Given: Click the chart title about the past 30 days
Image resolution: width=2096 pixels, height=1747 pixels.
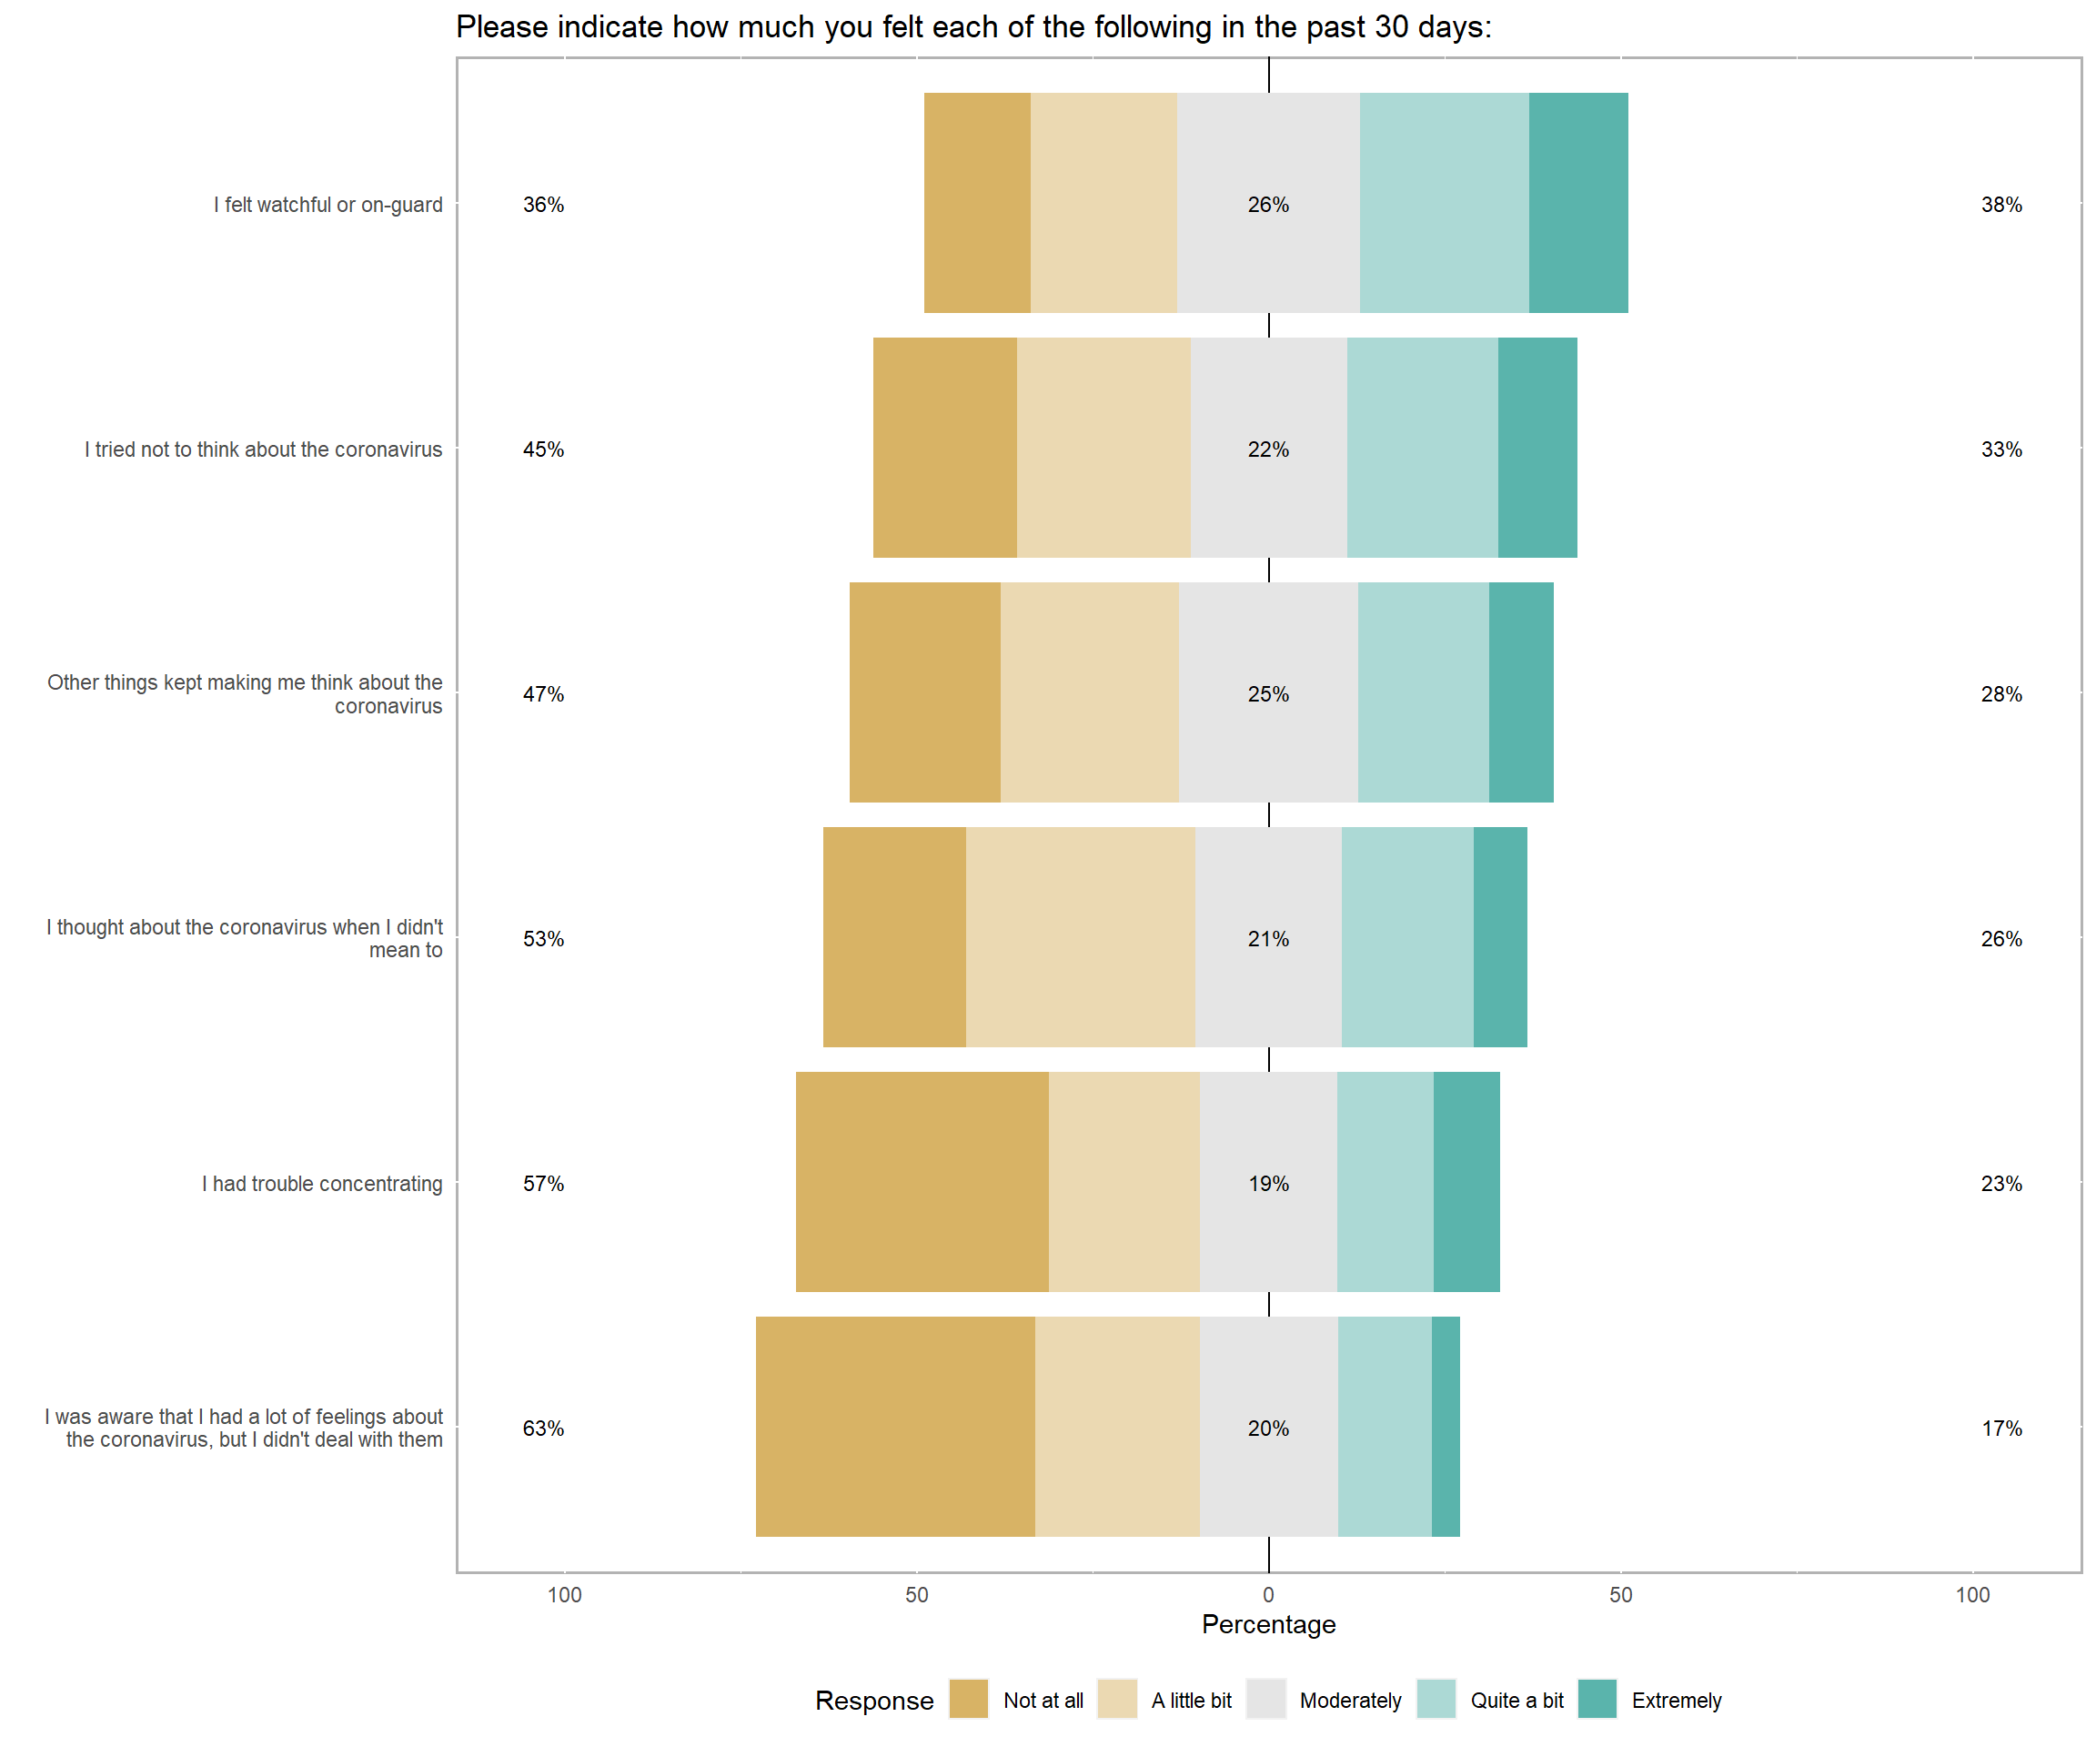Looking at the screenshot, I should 973,27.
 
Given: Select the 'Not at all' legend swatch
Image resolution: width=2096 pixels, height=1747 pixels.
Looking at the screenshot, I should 968,1699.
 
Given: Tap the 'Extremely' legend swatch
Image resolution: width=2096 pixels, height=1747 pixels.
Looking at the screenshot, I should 1597,1699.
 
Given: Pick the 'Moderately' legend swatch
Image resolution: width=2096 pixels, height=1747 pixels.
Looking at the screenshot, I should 1265,1699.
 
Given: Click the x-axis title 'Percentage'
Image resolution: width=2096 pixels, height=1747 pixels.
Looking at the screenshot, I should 1268,1624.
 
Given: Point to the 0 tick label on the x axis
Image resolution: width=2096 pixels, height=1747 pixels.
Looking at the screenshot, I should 1268,1594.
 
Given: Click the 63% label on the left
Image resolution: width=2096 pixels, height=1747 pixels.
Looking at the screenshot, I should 543,1428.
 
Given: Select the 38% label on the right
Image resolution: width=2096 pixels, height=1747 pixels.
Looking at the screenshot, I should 2001,205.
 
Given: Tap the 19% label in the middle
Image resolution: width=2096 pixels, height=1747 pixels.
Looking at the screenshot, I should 1268,1183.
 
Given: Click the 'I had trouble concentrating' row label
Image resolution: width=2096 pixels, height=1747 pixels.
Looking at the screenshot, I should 322,1183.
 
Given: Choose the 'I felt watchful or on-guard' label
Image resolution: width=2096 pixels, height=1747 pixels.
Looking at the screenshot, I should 328,205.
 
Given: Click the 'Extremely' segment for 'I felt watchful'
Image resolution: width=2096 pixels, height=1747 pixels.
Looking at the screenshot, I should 1578,203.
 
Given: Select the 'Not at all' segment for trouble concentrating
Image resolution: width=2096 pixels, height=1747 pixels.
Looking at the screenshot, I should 922,1181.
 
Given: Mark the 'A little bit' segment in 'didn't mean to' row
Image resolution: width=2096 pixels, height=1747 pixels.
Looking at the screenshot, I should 1080,936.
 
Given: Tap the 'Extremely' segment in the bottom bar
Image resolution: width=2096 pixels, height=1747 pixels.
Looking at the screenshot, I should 1446,1426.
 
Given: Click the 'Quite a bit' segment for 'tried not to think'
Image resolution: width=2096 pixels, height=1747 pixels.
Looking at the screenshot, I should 1422,448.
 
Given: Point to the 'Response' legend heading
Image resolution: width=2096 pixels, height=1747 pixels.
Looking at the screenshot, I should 874,1700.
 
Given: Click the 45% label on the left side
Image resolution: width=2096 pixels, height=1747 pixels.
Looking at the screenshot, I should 543,449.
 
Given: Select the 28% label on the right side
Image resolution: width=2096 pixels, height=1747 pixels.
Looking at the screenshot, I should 2001,694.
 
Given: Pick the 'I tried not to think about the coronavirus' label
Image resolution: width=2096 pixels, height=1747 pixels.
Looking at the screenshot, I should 264,449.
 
